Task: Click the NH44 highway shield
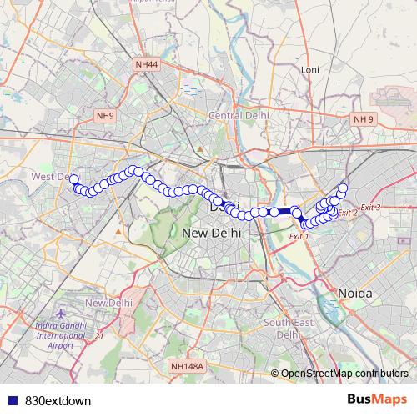tap(145, 63)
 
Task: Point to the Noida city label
tap(356, 293)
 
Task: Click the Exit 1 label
tap(299, 237)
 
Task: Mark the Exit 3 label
tap(370, 207)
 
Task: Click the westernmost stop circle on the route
tap(73, 178)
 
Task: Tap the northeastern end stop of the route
tap(343, 188)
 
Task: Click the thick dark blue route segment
tap(284, 212)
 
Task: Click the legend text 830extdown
tap(58, 400)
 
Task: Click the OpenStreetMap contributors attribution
tap(344, 374)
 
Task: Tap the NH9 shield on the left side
tap(105, 116)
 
